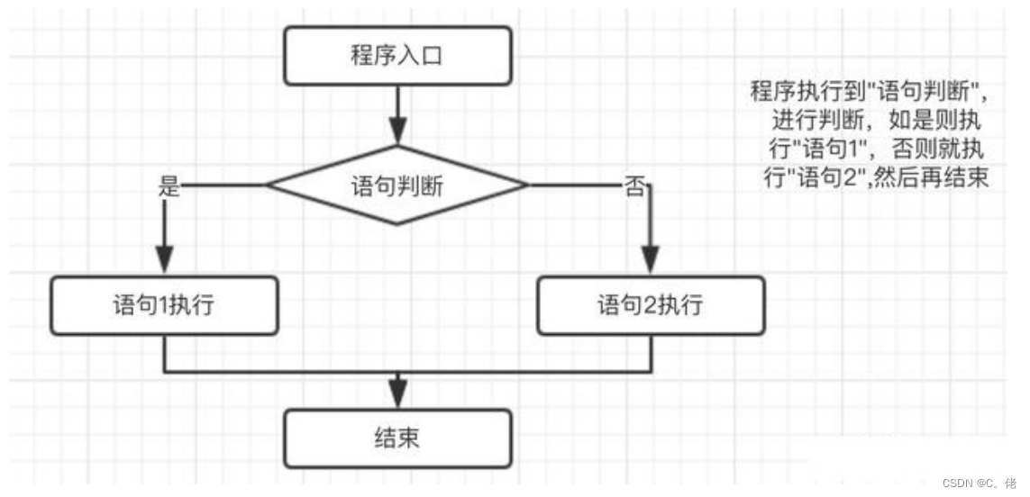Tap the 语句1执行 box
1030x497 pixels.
point(163,306)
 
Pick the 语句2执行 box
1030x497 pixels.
point(650,306)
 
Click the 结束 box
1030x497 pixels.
point(397,438)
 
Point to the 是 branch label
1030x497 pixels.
point(169,187)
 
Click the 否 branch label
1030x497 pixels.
point(634,188)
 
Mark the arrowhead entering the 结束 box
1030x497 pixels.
point(397,397)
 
